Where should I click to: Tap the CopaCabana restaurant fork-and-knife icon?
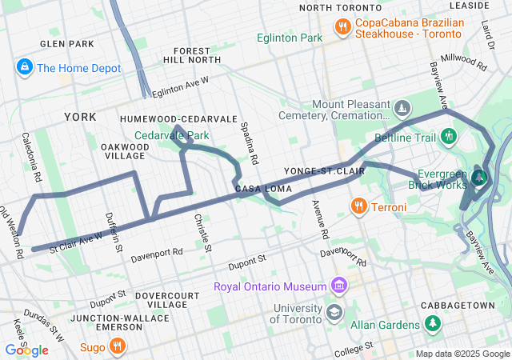click(342, 27)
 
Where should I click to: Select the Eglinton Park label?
click(290, 38)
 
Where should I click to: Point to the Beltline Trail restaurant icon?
click(450, 136)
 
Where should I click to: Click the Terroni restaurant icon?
click(358, 206)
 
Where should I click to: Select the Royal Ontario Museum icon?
click(339, 286)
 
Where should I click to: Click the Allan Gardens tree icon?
click(434, 323)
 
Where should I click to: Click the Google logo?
click(27, 350)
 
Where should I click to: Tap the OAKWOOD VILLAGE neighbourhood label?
click(124, 151)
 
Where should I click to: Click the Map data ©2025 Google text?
click(461, 354)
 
